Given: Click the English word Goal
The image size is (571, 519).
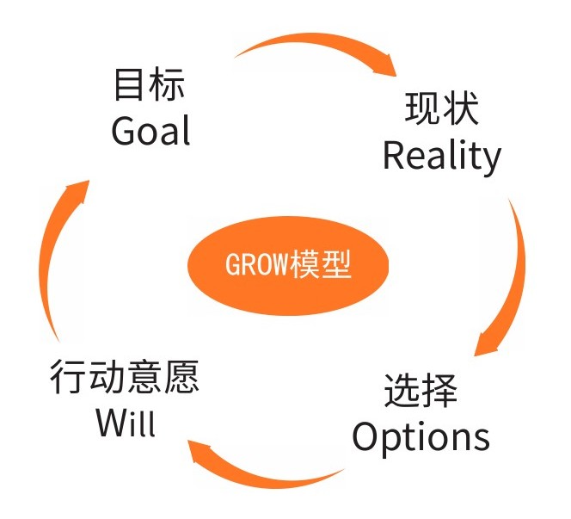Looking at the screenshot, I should click(x=150, y=132).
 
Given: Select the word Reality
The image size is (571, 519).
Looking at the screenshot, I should click(x=441, y=156).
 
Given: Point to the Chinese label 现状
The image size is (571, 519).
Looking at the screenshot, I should click(x=441, y=110).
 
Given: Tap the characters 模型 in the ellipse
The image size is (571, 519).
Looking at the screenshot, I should click(x=322, y=264).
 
